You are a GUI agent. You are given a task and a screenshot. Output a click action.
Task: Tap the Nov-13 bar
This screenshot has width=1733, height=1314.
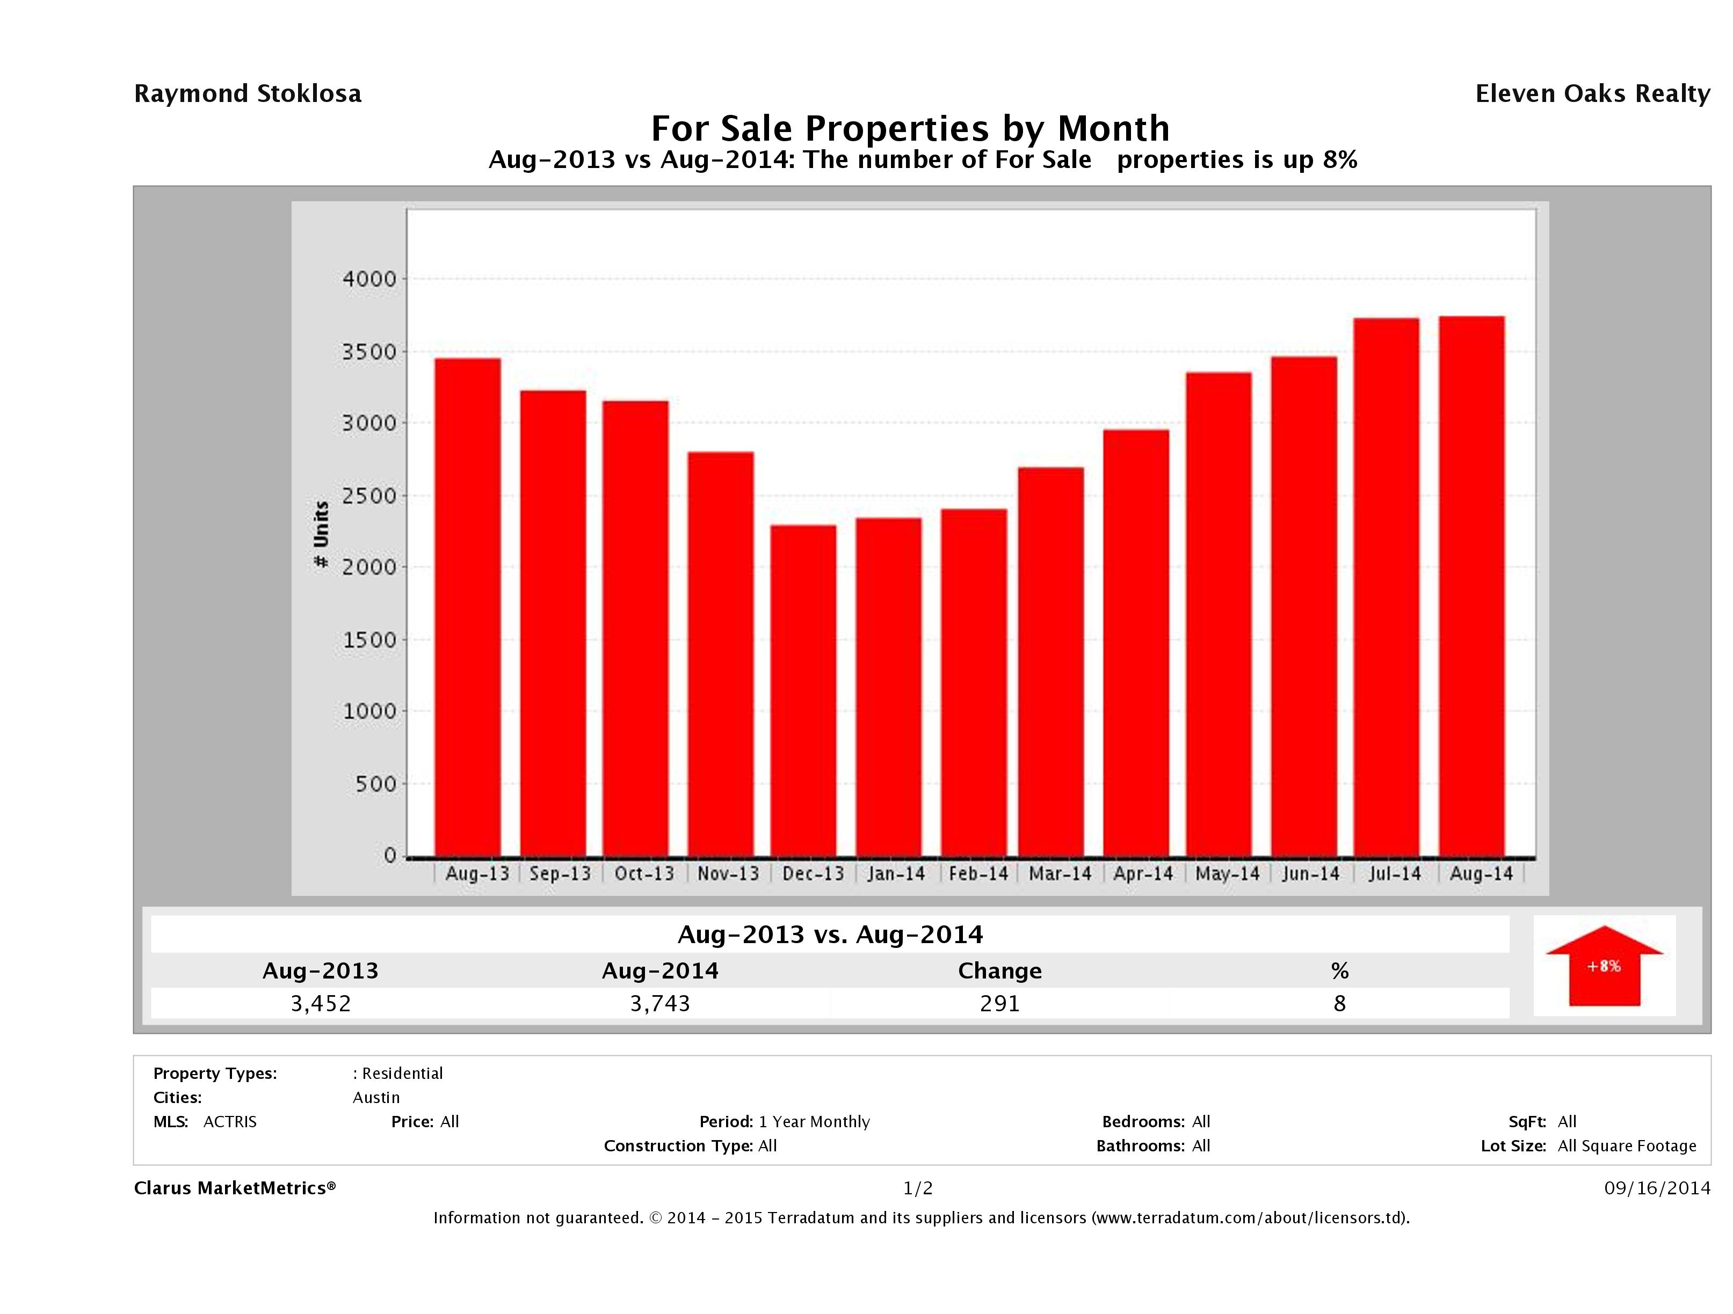click(721, 654)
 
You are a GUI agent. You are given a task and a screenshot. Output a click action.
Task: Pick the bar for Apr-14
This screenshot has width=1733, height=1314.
click(1136, 642)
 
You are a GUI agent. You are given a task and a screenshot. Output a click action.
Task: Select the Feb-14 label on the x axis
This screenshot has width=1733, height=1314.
click(978, 874)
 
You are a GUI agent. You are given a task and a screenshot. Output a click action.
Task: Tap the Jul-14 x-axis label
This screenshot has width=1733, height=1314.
click(1395, 874)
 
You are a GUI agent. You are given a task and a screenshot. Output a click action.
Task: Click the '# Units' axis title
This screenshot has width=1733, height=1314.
click(321, 535)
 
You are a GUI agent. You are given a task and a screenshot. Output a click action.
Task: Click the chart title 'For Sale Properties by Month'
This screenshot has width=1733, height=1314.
click(910, 128)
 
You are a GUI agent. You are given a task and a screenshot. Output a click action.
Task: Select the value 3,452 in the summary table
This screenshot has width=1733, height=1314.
click(321, 1003)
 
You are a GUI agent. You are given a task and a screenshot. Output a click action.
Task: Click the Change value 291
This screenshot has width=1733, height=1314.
click(1000, 1003)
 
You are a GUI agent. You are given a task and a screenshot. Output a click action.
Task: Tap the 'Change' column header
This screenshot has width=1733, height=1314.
click(1000, 971)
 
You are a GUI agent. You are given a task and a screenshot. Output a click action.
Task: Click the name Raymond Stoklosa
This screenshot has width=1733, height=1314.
click(248, 94)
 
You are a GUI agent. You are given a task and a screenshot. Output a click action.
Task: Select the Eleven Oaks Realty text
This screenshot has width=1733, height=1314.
click(1592, 94)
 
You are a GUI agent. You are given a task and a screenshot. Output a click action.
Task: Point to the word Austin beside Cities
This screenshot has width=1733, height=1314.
click(376, 1098)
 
